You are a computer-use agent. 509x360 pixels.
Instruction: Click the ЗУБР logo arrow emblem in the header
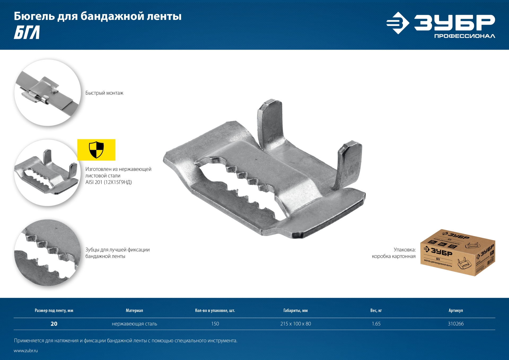[398, 23]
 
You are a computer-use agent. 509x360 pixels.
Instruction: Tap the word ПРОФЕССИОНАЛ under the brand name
[464, 36]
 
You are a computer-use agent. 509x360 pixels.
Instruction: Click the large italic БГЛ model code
[27, 32]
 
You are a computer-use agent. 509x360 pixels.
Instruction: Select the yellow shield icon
[96, 150]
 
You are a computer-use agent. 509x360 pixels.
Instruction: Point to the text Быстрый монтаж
[104, 93]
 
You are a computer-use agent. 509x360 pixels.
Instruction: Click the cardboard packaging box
[458, 253]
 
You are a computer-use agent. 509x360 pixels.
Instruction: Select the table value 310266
[455, 324]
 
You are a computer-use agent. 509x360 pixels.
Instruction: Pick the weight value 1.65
[376, 324]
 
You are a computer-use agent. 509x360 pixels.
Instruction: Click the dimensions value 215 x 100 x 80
[296, 324]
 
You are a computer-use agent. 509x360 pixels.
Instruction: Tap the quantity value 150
[215, 324]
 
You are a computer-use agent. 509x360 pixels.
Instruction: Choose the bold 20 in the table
[54, 324]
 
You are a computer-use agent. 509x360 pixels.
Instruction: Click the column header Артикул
[455, 310]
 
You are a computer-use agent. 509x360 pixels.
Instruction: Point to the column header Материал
[134, 310]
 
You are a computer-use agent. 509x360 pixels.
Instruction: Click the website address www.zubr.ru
[26, 351]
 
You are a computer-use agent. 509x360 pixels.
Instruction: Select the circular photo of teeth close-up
[47, 253]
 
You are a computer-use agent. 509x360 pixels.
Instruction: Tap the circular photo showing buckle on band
[47, 93]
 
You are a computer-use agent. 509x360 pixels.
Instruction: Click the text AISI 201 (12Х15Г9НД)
[108, 182]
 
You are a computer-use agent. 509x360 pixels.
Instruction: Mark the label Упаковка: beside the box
[405, 250]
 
